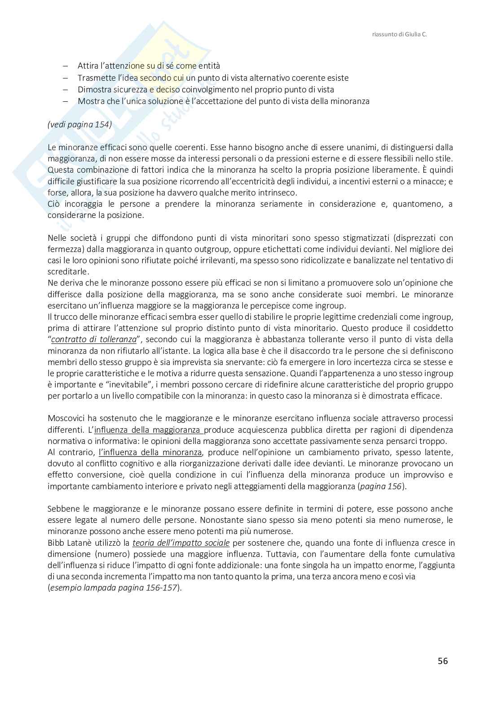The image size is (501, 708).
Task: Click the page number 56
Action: [x=443, y=661]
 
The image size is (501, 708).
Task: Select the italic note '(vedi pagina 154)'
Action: [x=79, y=124]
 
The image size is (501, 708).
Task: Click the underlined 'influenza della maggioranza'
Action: [x=149, y=430]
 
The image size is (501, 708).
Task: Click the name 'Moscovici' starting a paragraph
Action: [x=66, y=418]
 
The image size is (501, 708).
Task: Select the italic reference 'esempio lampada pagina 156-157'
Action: [x=114, y=588]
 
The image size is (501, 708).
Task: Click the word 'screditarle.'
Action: [x=69, y=272]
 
